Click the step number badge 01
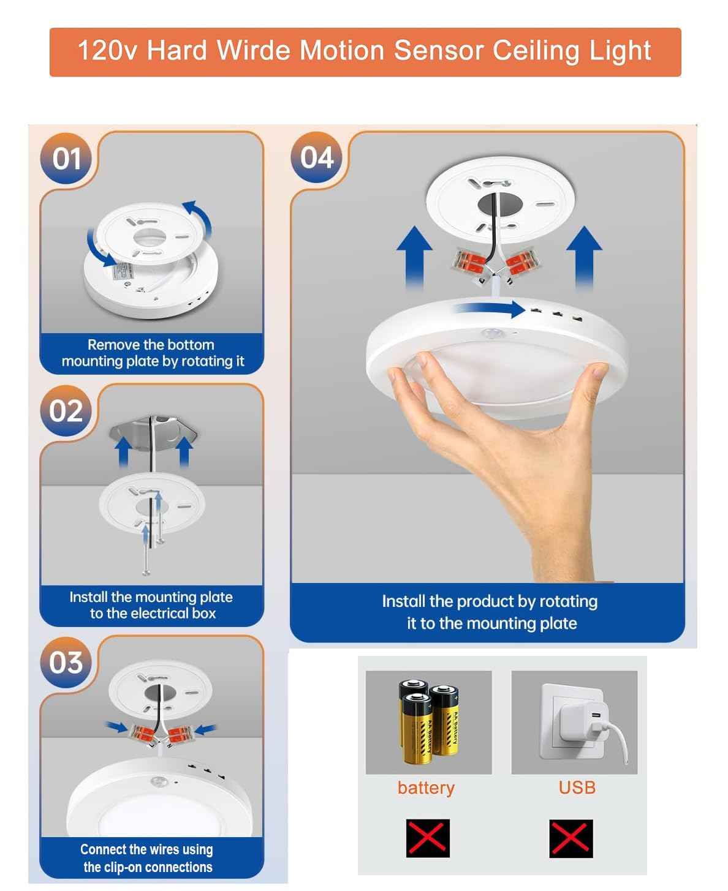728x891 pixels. (x=66, y=159)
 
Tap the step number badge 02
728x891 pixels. (x=66, y=411)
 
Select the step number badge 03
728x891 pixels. (x=66, y=663)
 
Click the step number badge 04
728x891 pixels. (x=317, y=157)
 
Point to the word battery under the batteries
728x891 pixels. (x=426, y=788)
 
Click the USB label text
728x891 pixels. (x=577, y=788)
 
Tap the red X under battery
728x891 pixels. (x=428, y=838)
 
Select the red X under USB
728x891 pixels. (x=571, y=838)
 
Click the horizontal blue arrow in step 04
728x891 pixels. (x=490, y=309)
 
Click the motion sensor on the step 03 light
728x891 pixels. (x=159, y=782)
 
